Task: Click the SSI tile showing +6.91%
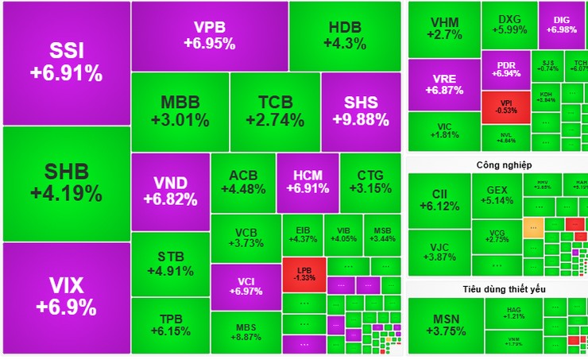[66, 63]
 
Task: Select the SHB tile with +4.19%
[66, 183]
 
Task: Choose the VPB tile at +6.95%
[210, 36]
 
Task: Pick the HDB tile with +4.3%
[344, 36]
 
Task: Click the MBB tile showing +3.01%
[180, 112]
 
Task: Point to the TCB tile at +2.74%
[275, 112]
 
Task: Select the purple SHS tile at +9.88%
[361, 112]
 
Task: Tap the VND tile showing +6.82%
[170, 191]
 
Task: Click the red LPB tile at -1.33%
[303, 272]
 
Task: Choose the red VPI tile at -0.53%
[505, 107]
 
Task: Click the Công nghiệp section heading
[504, 165]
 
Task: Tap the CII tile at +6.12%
[439, 199]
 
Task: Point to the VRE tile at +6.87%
[444, 85]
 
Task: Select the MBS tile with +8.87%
[246, 331]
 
